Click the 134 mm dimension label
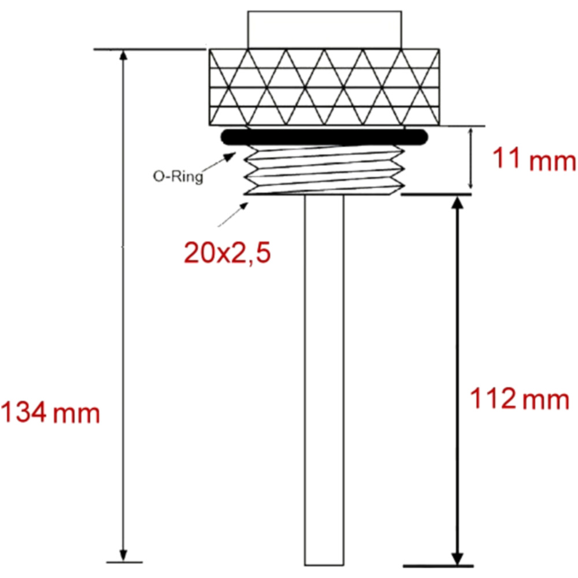[x=50, y=412]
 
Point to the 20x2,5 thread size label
[x=227, y=253]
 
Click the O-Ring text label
[x=178, y=176]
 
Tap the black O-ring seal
[x=324, y=137]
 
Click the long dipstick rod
[x=324, y=380]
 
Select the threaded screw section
[x=324, y=169]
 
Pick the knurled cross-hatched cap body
[x=324, y=87]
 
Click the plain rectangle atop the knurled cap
[x=324, y=30]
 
